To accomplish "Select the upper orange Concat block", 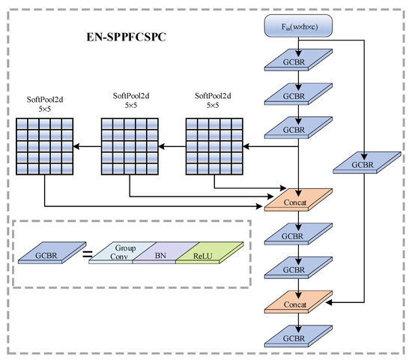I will (298, 202).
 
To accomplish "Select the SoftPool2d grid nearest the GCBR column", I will (213, 145).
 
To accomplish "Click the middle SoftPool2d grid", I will (131, 145).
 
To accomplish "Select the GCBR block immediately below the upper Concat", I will (298, 235).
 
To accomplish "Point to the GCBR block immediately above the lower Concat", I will (298, 267).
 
